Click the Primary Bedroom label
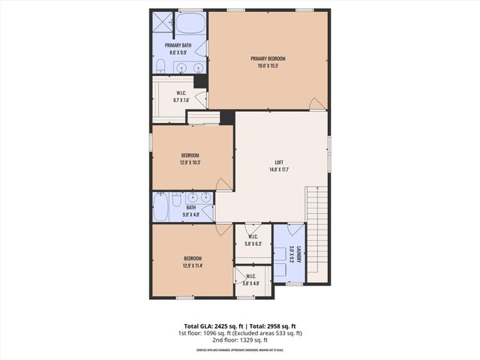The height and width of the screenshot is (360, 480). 268,58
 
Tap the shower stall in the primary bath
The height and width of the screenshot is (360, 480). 163,22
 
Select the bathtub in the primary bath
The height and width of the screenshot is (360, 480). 191,23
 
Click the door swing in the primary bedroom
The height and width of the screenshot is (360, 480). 318,103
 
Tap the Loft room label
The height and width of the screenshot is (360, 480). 278,162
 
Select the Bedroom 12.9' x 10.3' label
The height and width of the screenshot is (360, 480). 190,159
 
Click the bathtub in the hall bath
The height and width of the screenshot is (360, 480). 161,208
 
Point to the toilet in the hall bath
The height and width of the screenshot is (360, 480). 176,200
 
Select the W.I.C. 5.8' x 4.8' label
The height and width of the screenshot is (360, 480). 250,280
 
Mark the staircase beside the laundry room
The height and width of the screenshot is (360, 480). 317,232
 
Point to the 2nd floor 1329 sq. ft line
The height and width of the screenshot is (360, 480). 239,340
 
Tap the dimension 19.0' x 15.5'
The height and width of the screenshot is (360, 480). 268,65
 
